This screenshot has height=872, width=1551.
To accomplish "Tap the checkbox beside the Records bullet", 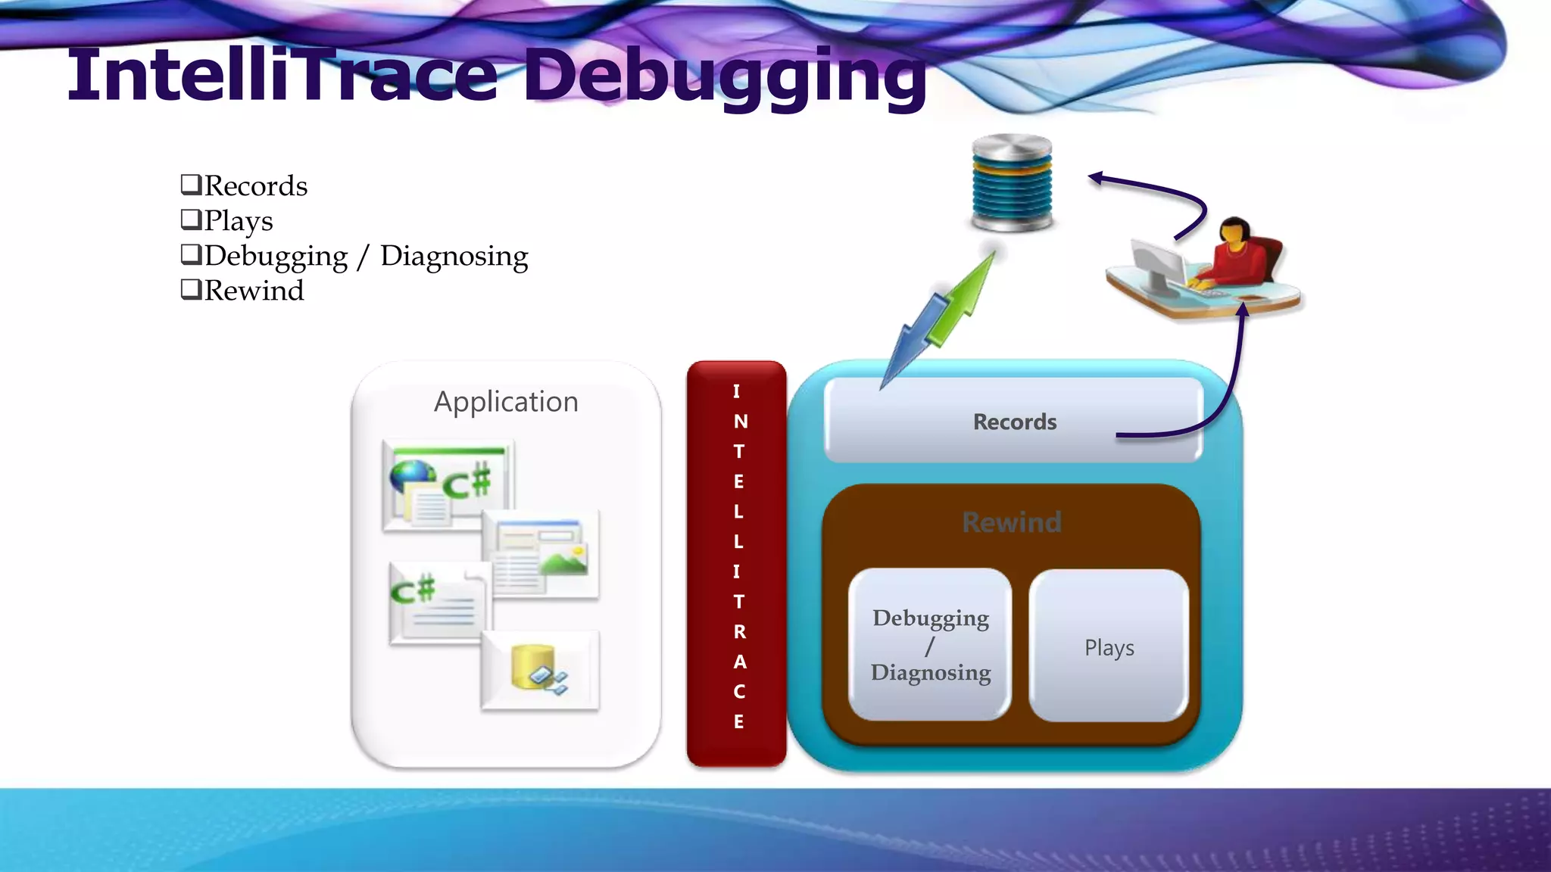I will click(x=190, y=184).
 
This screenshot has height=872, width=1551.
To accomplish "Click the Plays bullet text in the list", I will click(x=238, y=221).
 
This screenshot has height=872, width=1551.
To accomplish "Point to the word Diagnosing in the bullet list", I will click(x=454, y=256).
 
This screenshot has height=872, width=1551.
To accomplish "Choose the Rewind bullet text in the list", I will click(x=254, y=291).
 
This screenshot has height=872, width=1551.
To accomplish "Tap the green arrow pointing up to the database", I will click(x=966, y=295).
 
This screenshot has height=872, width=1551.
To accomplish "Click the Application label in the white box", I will click(x=506, y=401).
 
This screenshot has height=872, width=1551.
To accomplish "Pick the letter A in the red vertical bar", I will click(x=739, y=662).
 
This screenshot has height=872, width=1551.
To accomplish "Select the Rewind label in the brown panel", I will click(x=1012, y=522).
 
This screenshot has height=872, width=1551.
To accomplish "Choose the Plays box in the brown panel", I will click(x=1109, y=646).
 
